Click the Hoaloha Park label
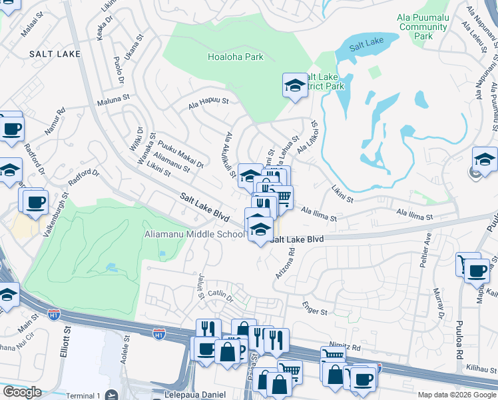coord(235,57)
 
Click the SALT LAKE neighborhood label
coord(55,53)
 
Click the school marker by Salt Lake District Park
coord(294,86)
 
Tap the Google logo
coord(22,392)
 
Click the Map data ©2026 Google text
coord(456,395)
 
